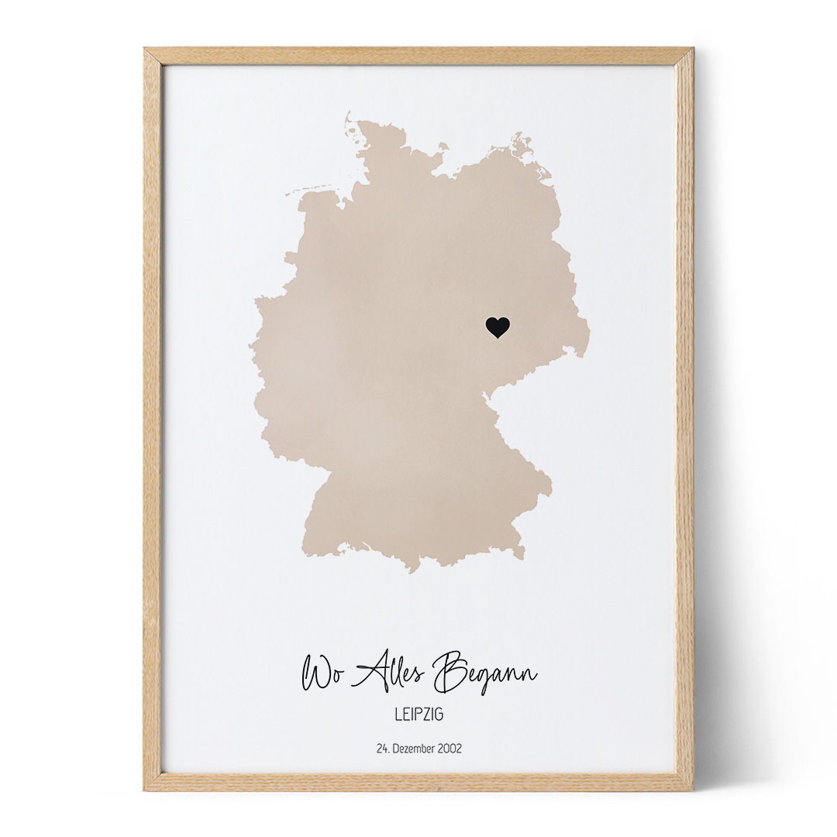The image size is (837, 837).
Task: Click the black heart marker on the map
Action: pyautogui.click(x=498, y=327)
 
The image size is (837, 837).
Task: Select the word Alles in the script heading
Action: pyautogui.click(x=387, y=671)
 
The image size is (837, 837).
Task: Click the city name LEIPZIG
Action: pyautogui.click(x=418, y=715)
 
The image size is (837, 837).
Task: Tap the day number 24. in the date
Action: pyautogui.click(x=382, y=749)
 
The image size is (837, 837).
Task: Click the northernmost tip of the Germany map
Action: pyautogui.click(x=348, y=114)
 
